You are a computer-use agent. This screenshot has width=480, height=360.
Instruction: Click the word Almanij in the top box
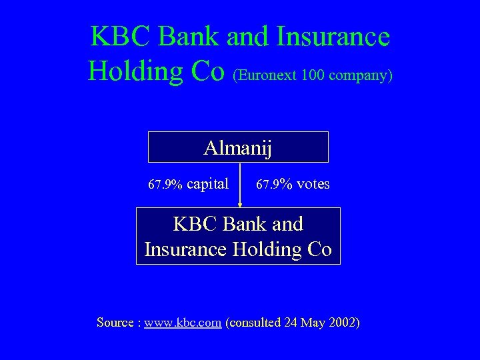(x=238, y=147)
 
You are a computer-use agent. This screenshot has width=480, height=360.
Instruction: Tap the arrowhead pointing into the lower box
(x=240, y=205)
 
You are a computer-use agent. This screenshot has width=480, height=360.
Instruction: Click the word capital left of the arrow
(x=208, y=183)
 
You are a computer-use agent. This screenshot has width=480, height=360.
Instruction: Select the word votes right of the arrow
(x=312, y=183)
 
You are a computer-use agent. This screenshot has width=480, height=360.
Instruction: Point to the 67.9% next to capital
(x=165, y=184)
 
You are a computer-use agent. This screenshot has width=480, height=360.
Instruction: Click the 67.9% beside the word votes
(x=274, y=184)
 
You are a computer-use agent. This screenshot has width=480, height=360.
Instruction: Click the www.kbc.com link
(x=183, y=323)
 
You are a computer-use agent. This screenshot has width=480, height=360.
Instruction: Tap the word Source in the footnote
(x=115, y=323)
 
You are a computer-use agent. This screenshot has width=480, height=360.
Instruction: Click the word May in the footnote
(x=313, y=323)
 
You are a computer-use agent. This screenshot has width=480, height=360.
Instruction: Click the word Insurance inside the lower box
(x=186, y=249)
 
